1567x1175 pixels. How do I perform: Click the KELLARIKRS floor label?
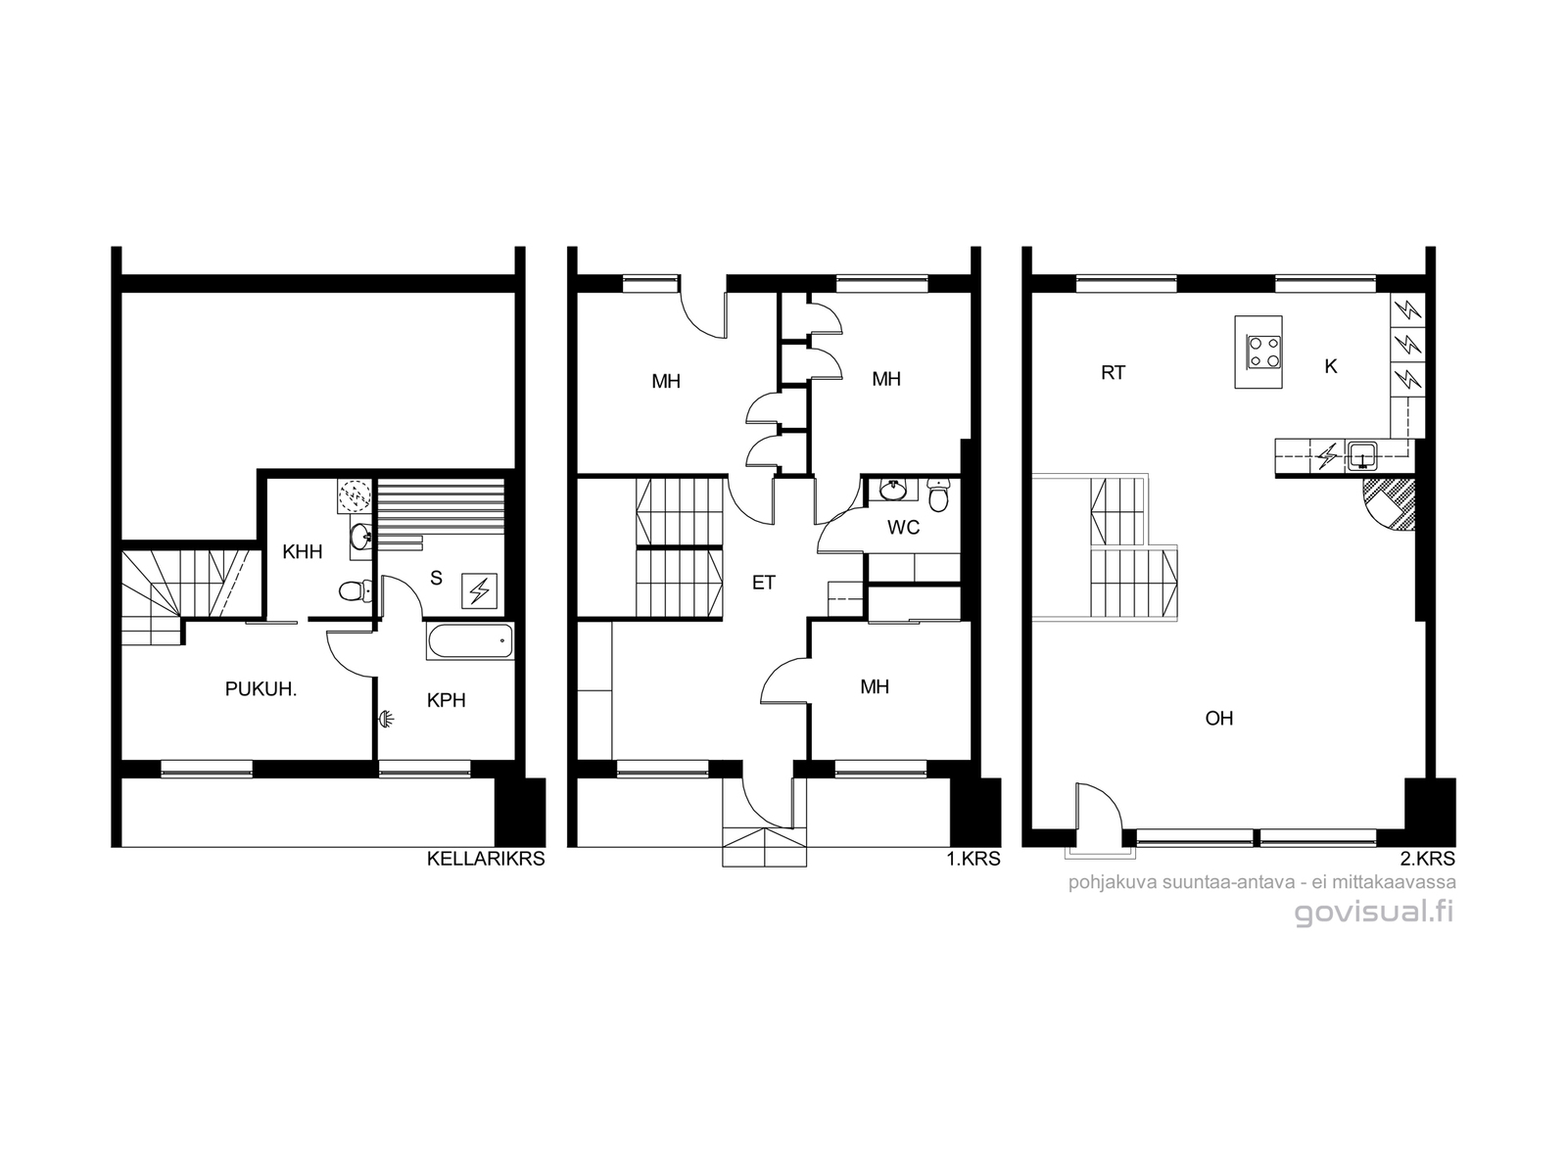point(486,859)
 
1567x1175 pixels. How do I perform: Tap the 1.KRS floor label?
point(973,859)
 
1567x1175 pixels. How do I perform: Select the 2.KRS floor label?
point(1429,859)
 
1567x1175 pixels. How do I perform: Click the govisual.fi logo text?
point(1374,914)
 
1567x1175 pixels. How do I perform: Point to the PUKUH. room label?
point(261,689)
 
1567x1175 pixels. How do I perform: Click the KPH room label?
point(447,700)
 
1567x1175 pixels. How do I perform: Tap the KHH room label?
point(303,551)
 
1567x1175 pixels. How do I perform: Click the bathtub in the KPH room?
point(470,641)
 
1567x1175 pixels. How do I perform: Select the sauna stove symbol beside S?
point(479,590)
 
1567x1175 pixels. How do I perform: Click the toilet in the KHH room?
point(355,590)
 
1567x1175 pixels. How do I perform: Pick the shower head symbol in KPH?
point(386,719)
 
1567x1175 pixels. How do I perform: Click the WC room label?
point(903,528)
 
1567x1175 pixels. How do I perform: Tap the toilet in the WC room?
point(938,495)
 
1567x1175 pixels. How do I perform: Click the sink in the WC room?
point(893,490)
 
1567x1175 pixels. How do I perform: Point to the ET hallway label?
point(763,583)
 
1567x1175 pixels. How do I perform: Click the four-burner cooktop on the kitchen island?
point(1263,352)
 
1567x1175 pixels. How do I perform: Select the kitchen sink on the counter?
point(1363,455)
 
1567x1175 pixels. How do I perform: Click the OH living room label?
point(1218,719)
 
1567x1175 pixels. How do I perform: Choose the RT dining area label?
point(1113,373)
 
